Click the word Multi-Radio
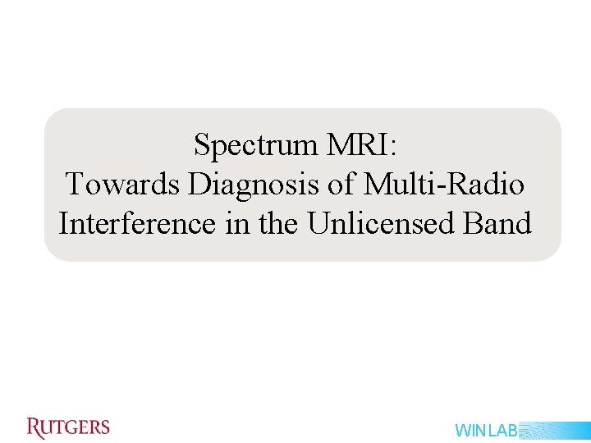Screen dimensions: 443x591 pyautogui.click(x=443, y=185)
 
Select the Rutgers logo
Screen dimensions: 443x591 pyautogui.click(x=68, y=427)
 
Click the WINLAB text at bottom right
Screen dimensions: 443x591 pyautogui.click(x=486, y=431)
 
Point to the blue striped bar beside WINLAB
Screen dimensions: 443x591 pyautogui.click(x=554, y=431)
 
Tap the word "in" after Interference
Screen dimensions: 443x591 pyautogui.click(x=239, y=223)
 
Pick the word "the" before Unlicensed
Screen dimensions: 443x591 pyautogui.click(x=280, y=223)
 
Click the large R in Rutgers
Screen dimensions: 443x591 pyautogui.click(x=34, y=427)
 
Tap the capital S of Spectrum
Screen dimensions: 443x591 pyautogui.click(x=202, y=146)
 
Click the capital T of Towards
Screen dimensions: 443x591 pyautogui.click(x=75, y=185)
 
